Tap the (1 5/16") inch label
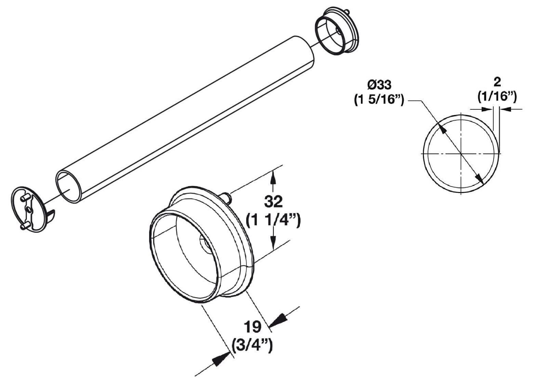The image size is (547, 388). [379, 100]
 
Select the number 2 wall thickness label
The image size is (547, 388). [497, 82]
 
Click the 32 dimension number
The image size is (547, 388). [273, 201]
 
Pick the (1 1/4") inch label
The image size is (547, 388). [273, 220]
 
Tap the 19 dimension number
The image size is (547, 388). [253, 327]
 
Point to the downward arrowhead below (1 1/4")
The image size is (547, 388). [273, 242]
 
